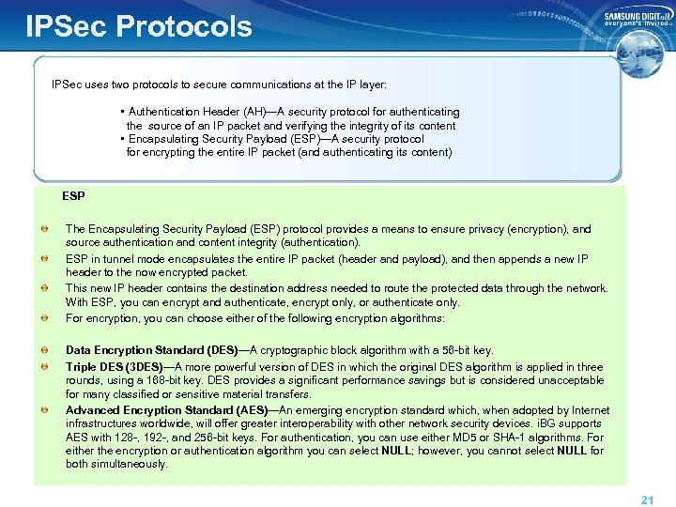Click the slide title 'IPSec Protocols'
click(x=139, y=25)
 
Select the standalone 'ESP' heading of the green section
click(x=73, y=196)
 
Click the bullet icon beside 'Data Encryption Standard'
click(x=45, y=350)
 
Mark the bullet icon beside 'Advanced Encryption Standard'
click(x=45, y=410)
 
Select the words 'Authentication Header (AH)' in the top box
click(x=196, y=112)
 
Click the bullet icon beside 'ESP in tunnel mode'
click(x=45, y=259)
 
